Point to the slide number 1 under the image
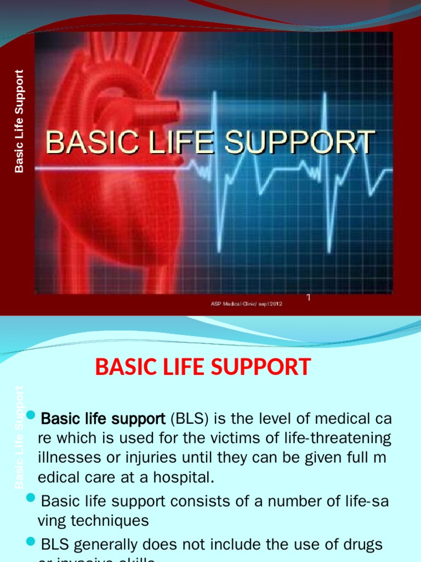(308, 297)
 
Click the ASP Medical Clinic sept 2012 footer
(247, 304)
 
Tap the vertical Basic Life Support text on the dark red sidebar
(20, 121)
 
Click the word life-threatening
(339, 439)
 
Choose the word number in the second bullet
(274, 501)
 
